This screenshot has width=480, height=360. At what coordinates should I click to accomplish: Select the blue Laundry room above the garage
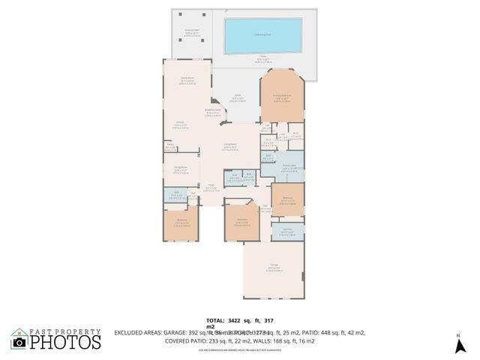pyautogui.click(x=287, y=232)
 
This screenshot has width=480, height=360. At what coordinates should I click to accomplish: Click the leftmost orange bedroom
pyautogui.click(x=181, y=223)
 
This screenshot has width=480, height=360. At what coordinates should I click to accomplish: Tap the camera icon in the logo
pyautogui.click(x=19, y=342)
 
